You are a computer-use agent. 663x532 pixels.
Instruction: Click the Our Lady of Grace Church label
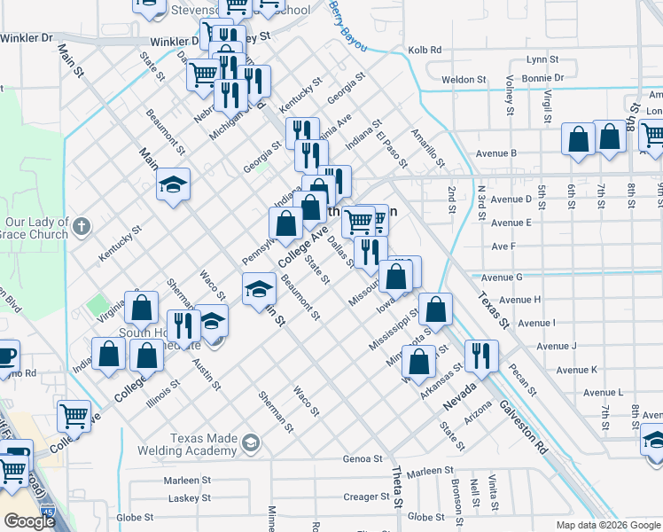point(35,228)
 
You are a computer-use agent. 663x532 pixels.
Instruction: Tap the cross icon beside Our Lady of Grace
point(82,225)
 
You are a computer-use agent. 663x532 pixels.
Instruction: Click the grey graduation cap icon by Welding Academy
point(253,442)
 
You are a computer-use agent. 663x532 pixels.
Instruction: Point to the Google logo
point(29,520)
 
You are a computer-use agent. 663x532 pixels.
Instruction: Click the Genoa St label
point(363,459)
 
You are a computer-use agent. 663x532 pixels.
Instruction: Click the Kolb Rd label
point(424,51)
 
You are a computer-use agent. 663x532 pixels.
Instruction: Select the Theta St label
point(398,487)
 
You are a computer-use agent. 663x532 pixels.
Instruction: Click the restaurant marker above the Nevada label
point(481,355)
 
